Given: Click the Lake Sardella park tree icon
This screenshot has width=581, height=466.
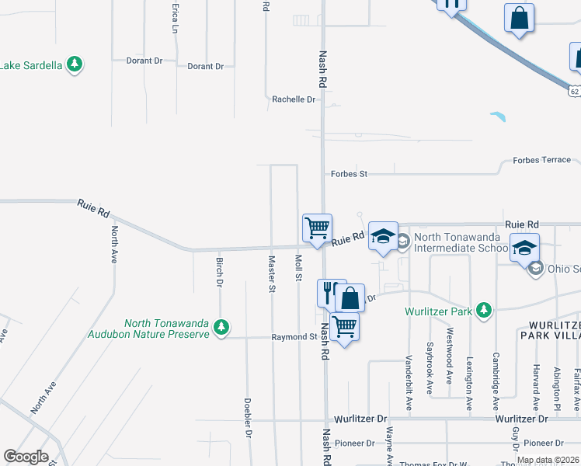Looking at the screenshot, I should [x=75, y=64].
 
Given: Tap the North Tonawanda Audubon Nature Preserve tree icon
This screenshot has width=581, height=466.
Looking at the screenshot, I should [x=222, y=327].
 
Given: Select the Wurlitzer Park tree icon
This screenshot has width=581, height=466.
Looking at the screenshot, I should [x=485, y=311].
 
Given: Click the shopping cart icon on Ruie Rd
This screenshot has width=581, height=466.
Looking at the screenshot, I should [x=317, y=229].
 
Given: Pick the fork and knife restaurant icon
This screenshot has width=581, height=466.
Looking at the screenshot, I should [x=328, y=293].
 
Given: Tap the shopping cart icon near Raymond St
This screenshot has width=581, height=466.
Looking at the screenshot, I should [x=344, y=326].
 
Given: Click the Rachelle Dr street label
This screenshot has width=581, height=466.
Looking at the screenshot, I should [x=294, y=99].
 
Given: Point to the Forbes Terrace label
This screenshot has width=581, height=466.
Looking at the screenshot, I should [x=541, y=160].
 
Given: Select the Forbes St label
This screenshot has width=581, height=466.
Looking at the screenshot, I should [x=349, y=174].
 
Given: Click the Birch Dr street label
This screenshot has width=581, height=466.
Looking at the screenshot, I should [x=220, y=273].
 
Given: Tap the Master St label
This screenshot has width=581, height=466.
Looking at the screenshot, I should [x=272, y=274].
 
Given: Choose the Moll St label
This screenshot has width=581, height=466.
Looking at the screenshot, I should [x=297, y=266].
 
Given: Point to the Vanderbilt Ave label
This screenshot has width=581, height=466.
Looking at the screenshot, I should [x=409, y=374].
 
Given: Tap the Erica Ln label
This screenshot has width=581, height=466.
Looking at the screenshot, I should [x=175, y=17].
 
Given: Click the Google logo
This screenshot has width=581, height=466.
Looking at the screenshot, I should [x=26, y=457].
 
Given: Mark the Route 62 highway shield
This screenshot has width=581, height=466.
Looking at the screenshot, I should [x=574, y=91].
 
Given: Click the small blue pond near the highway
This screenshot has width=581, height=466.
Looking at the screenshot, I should [x=498, y=118].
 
